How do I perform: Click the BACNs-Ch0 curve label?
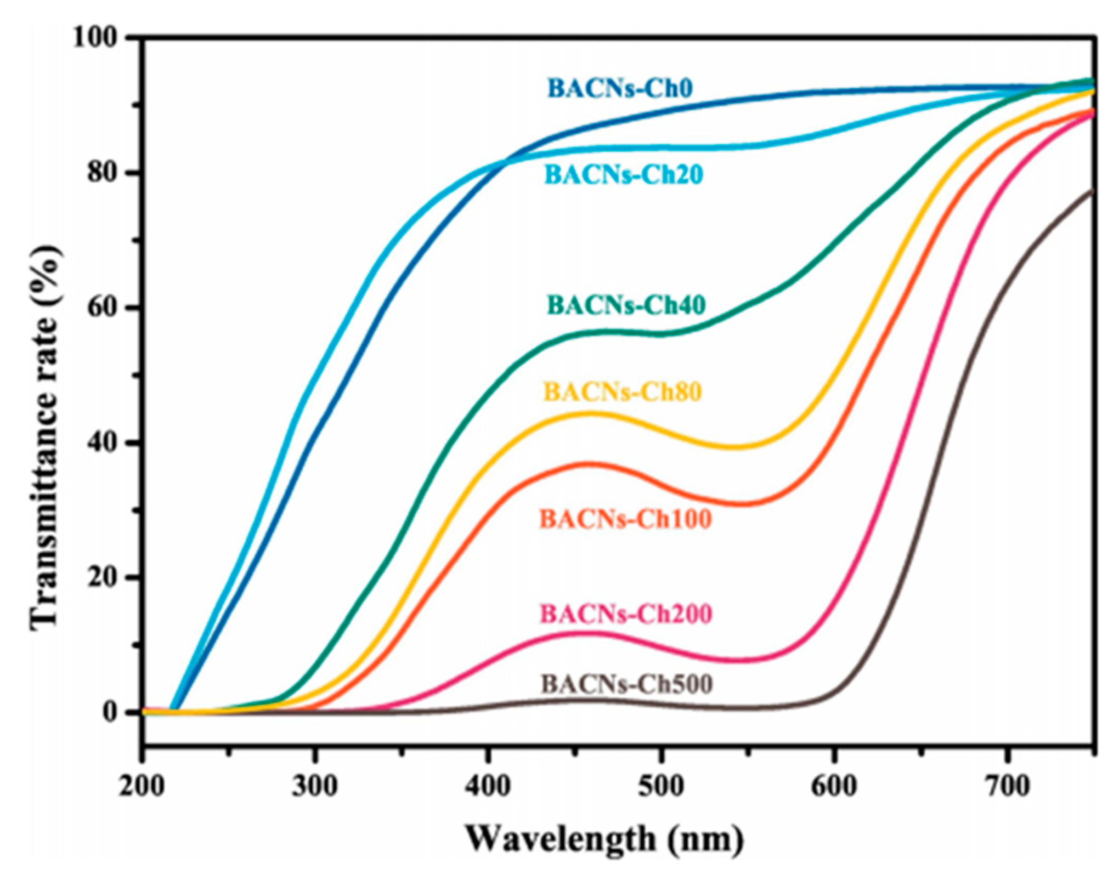tap(620, 89)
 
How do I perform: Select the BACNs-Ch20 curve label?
tap(623, 175)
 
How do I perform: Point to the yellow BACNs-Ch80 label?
tap(622, 392)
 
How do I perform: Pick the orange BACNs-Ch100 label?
tap(625, 519)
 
